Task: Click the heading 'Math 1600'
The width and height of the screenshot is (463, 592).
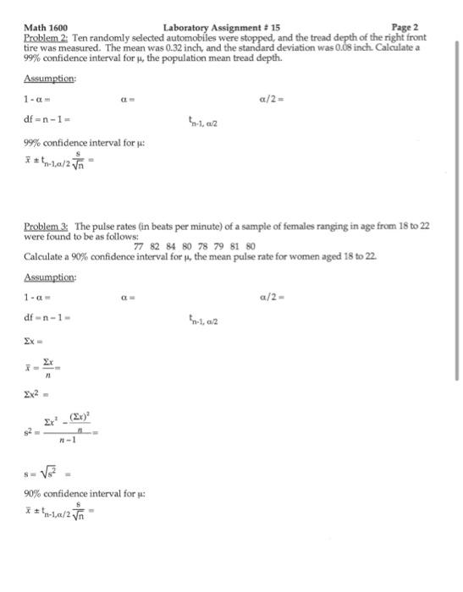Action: coord(46,28)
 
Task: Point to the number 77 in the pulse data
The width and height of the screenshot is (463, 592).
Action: coord(141,247)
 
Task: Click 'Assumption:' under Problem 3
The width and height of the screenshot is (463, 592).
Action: coord(50,277)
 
